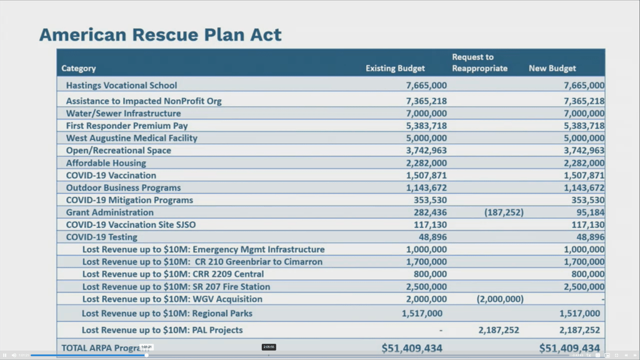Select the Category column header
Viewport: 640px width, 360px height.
click(79, 69)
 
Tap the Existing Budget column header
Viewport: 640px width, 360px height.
click(395, 69)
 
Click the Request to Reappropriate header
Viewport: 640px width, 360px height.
click(479, 62)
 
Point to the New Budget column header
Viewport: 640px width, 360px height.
click(552, 69)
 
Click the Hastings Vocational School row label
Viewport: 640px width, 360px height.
click(121, 86)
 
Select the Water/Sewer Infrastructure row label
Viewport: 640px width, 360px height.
click(123, 114)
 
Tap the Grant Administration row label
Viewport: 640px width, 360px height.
click(109, 212)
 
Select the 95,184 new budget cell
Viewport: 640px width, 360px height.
click(588, 212)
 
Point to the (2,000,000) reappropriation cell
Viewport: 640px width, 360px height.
click(500, 299)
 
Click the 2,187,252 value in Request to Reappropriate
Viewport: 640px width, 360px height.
click(499, 330)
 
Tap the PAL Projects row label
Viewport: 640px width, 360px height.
click(162, 330)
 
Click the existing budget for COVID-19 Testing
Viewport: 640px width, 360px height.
click(432, 237)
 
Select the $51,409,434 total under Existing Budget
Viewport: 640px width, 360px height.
click(412, 348)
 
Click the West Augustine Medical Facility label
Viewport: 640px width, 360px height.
click(131, 138)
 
